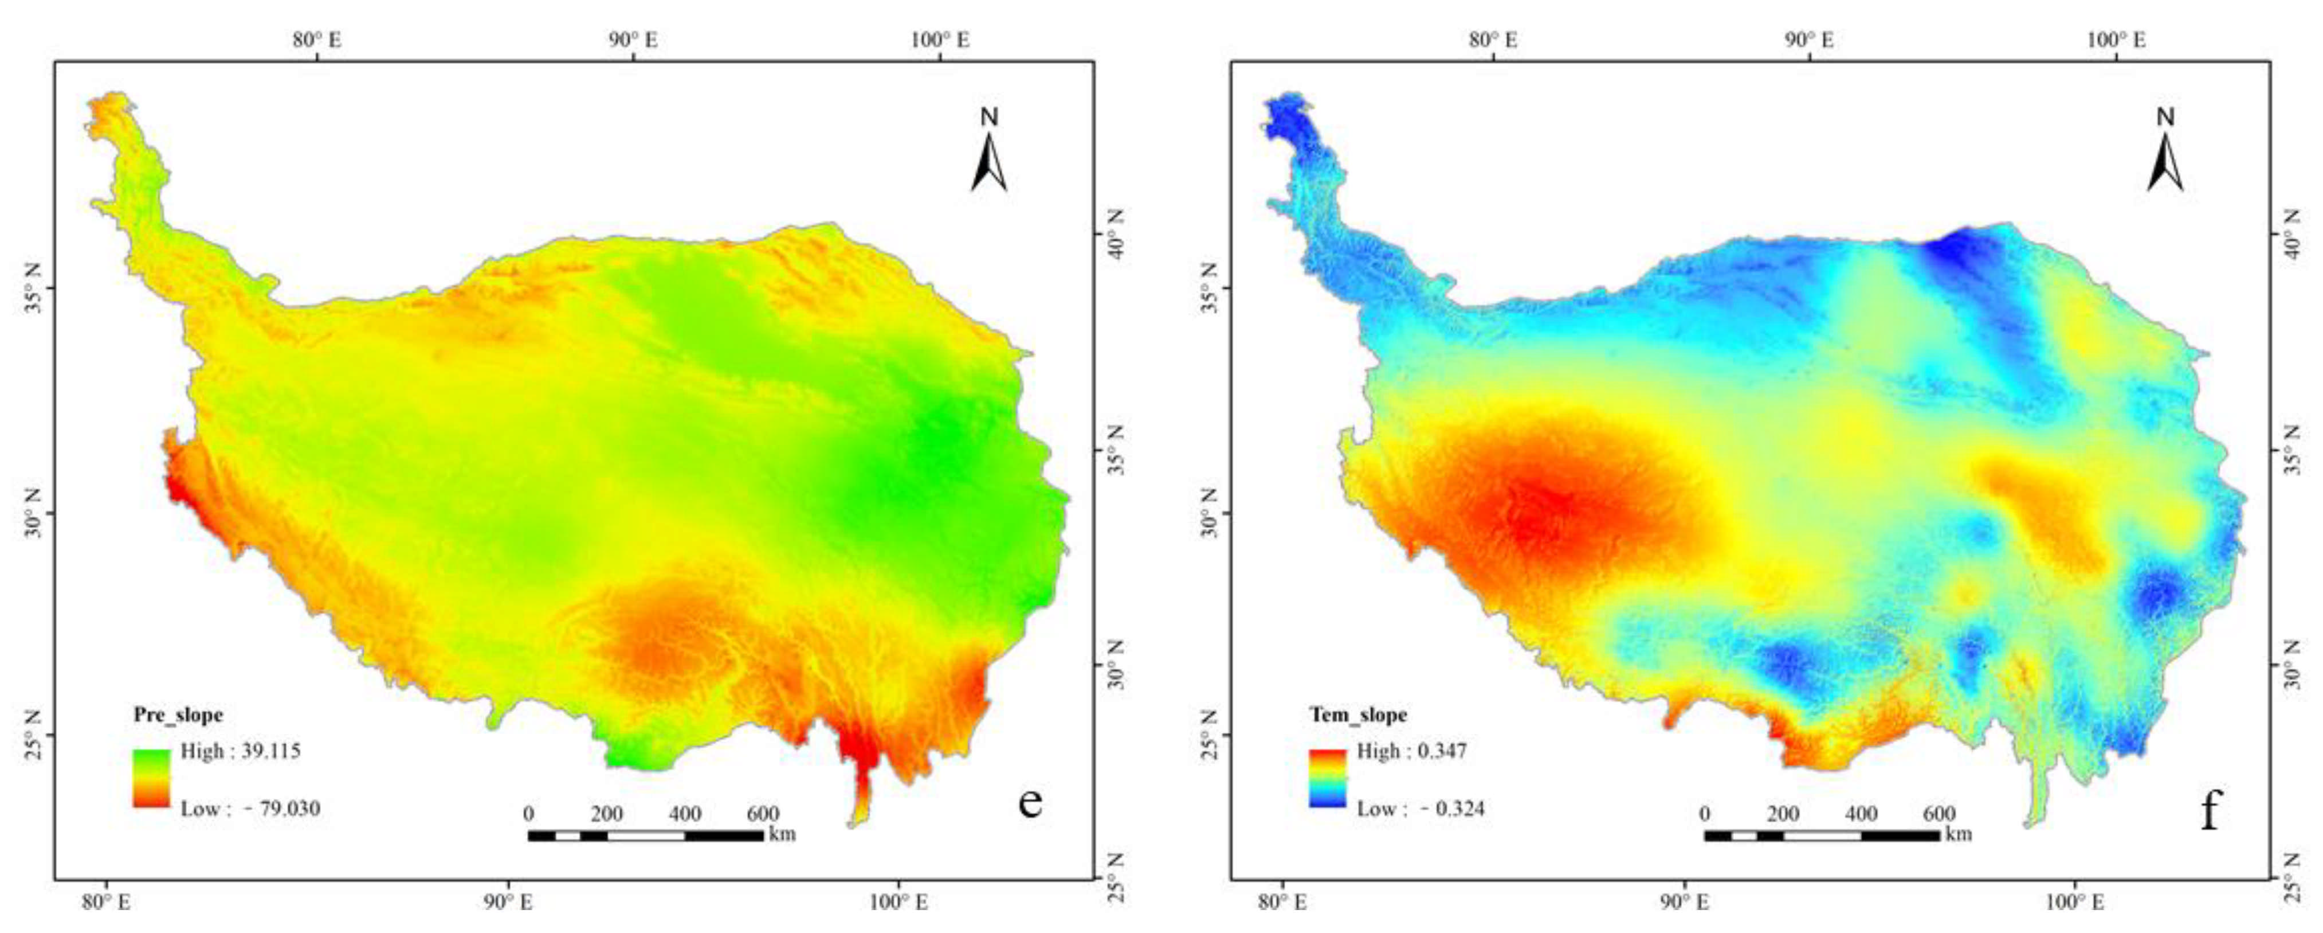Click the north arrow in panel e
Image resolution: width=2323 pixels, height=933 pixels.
[x=989, y=153]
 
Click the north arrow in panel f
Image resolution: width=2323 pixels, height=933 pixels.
[x=2165, y=153]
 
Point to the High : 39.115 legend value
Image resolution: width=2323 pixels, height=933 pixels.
[x=240, y=751]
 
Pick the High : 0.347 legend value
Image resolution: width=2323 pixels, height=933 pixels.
[x=1411, y=751]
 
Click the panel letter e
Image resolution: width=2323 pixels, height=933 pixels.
[x=1030, y=801]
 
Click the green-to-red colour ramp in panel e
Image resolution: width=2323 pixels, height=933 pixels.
[x=151, y=778]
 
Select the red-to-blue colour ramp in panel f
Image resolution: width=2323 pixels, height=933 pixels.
[x=1328, y=778]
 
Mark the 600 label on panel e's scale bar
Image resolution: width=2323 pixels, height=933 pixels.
[x=763, y=814]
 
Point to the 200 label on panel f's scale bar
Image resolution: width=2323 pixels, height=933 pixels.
[x=1783, y=814]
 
